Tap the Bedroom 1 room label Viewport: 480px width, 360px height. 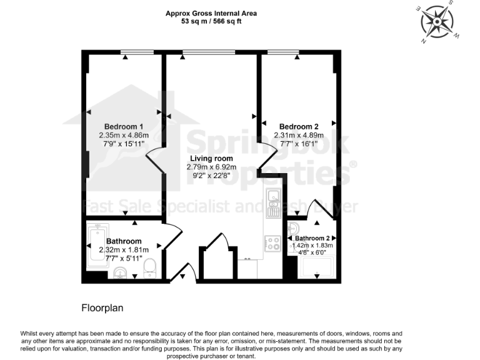(x=123, y=126)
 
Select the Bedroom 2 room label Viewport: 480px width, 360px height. (x=299, y=126)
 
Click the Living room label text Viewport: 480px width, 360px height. (x=211, y=159)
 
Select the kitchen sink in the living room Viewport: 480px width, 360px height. (x=273, y=199)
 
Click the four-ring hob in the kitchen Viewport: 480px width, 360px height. (x=273, y=242)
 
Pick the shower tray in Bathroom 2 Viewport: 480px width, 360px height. (x=317, y=267)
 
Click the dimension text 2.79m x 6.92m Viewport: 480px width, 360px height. (x=211, y=167)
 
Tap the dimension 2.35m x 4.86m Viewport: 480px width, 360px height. (x=123, y=135)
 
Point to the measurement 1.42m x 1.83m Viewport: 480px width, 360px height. (x=312, y=246)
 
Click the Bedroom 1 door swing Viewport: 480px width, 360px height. (x=155, y=164)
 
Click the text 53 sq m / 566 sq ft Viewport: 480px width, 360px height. (x=211, y=21)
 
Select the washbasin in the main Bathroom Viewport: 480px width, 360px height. (x=121, y=272)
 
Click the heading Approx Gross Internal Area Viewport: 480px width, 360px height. (x=211, y=12)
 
